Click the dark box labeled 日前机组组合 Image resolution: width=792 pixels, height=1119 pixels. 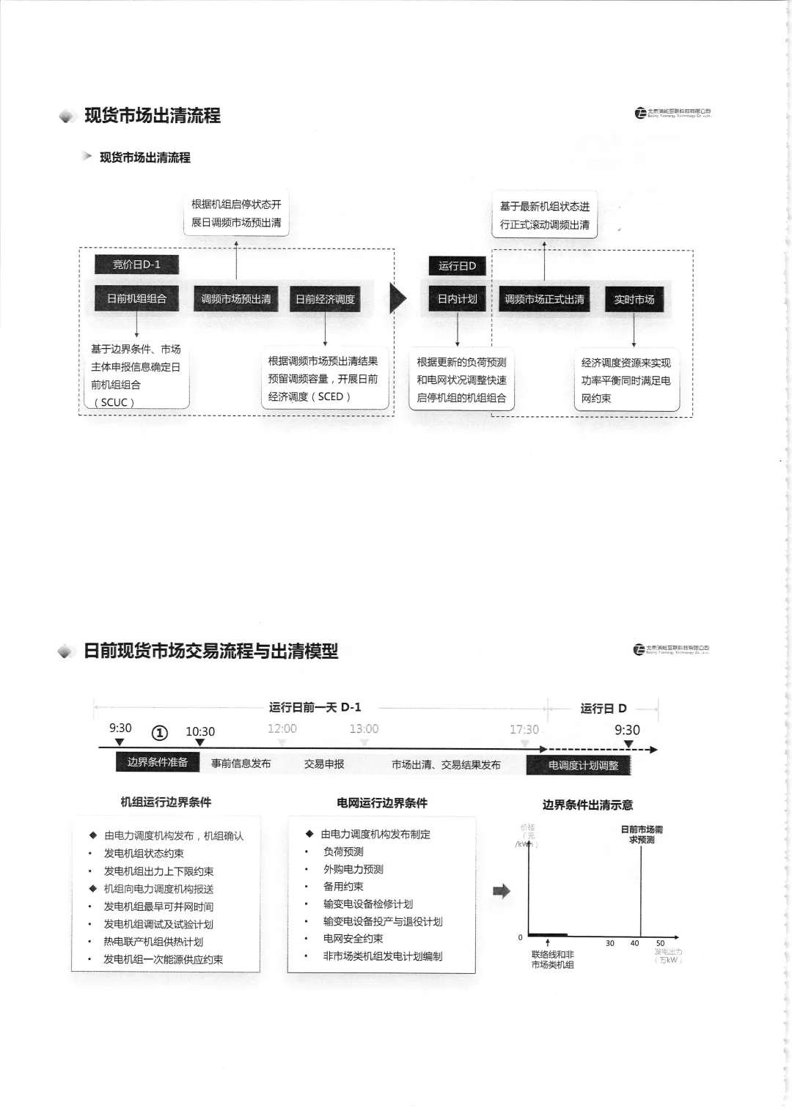tap(136, 299)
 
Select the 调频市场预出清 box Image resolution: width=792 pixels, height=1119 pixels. tap(235, 299)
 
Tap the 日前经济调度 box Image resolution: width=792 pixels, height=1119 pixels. tap(325, 299)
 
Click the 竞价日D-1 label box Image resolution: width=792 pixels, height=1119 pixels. tap(136, 265)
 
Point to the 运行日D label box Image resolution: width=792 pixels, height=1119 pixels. tap(457, 265)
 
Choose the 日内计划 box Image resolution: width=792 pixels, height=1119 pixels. tap(457, 299)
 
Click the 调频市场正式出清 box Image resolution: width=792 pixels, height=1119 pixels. tap(544, 299)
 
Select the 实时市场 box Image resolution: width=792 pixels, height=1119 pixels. tap(634, 299)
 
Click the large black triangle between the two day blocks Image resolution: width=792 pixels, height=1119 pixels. tap(397, 298)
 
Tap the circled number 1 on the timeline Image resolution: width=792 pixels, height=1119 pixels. tap(159, 733)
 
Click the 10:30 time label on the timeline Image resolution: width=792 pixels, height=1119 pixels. tap(200, 731)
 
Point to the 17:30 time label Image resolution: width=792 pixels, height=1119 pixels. tap(524, 730)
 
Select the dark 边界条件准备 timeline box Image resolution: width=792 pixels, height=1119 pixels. tap(158, 762)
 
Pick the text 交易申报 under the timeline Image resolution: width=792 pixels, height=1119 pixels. tap(324, 764)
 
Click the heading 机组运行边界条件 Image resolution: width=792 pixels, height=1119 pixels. tap(166, 802)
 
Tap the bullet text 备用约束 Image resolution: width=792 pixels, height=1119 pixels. tap(343, 887)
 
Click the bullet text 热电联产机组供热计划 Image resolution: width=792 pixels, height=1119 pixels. tap(153, 942)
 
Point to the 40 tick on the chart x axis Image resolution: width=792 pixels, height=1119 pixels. tap(634, 943)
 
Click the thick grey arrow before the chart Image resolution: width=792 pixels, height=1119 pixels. tap(502, 891)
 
